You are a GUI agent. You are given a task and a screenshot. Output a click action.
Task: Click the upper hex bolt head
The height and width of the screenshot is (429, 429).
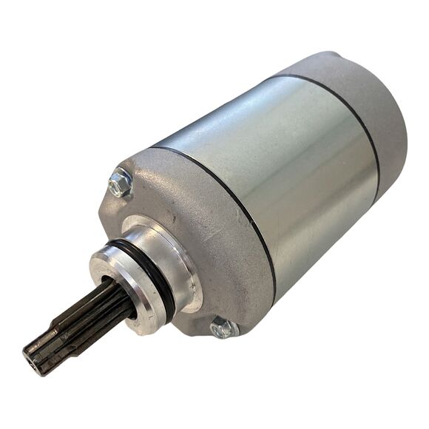click(x=120, y=183)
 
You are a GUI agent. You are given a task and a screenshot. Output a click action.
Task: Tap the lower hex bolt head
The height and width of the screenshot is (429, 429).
click(x=223, y=328)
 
